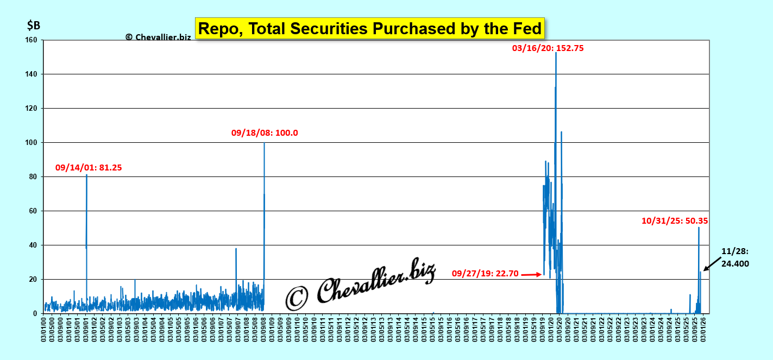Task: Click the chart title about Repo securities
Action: (x=369, y=28)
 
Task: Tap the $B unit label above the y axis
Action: (x=34, y=25)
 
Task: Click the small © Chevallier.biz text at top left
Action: (x=158, y=37)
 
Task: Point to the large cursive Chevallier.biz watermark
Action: (x=361, y=282)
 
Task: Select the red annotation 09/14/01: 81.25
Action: (x=89, y=168)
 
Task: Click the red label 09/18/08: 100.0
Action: (x=265, y=132)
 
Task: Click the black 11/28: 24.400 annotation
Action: (x=735, y=257)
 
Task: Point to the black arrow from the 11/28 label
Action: (x=713, y=263)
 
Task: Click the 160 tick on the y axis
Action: (x=31, y=40)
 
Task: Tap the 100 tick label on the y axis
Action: (x=31, y=142)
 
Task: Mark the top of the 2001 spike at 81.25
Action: (x=86, y=175)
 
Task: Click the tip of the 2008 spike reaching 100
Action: (x=264, y=143)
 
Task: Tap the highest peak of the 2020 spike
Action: (x=556, y=53)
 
